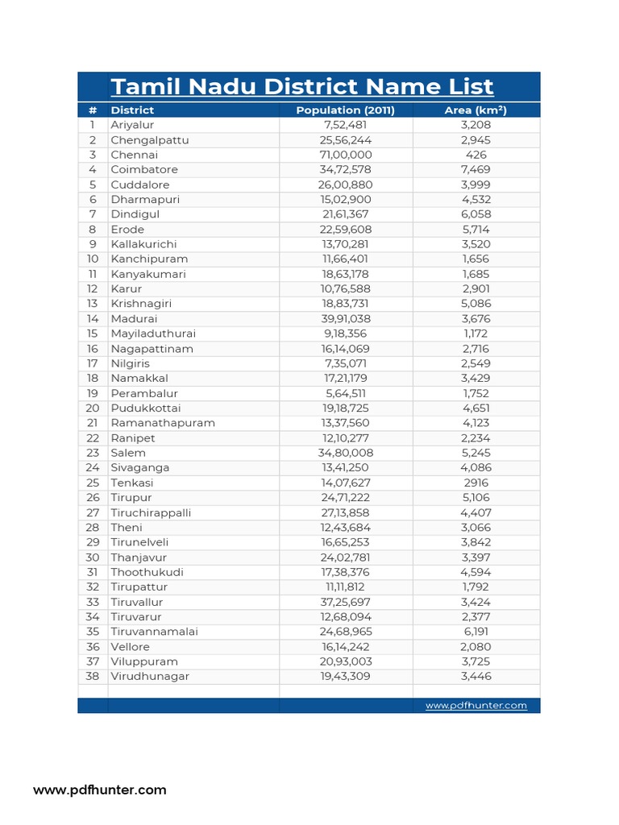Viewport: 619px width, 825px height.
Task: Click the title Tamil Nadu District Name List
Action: point(301,87)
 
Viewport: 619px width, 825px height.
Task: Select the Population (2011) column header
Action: point(345,110)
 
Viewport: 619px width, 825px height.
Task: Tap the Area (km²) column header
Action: point(476,110)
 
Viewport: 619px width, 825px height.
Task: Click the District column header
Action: point(132,110)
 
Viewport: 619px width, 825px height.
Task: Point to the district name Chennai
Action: point(135,155)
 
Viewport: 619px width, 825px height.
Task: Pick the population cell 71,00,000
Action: point(346,155)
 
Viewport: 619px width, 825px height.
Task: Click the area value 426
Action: point(476,155)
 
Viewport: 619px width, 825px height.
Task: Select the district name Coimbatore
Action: point(144,170)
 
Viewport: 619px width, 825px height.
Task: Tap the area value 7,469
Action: point(476,170)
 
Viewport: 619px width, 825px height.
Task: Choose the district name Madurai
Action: point(135,319)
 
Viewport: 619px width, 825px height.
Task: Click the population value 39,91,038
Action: point(346,319)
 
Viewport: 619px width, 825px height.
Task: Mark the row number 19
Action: point(93,393)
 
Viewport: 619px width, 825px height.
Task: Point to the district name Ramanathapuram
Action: point(163,423)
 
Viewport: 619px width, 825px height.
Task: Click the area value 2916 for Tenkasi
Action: point(476,483)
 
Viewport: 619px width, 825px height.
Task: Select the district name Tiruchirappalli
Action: point(151,512)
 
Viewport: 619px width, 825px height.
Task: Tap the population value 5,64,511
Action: point(346,393)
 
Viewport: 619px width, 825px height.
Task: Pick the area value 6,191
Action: point(476,632)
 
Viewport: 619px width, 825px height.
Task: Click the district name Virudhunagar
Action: point(150,677)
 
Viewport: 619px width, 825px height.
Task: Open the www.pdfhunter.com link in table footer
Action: point(476,706)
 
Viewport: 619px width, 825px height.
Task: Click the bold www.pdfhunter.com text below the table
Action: point(100,790)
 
